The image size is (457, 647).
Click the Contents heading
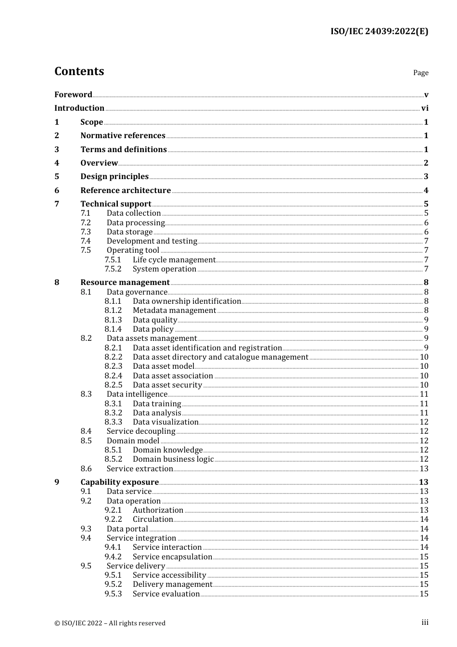79,71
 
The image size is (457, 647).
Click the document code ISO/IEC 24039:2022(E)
379,31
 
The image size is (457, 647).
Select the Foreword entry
73,94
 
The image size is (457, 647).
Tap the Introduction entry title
79,108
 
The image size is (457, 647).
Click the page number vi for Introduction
425,108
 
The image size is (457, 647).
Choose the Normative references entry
123,135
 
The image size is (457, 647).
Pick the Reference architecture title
126,190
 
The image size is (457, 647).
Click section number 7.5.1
113,259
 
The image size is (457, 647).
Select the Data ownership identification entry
187,301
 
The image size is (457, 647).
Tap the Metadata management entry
174,310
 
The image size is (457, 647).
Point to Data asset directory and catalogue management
220,357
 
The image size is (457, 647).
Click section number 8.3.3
113,422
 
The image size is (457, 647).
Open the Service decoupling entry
141,431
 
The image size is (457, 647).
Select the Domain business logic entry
173,459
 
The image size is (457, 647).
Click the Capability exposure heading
119,482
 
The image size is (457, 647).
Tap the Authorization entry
158,510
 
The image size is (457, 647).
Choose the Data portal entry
127,529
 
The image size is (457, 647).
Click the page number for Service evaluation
424,594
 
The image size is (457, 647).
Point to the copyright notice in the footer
110,623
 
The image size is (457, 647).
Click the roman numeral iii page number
425,622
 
